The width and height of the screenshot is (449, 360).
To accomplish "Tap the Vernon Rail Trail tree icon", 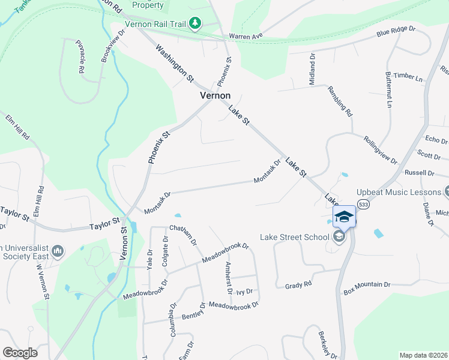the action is pyautogui.click(x=194, y=23).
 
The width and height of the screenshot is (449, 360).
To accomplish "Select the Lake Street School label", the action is pyautogui.click(x=294, y=237).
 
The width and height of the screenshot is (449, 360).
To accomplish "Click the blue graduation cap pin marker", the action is pyautogui.click(x=344, y=217).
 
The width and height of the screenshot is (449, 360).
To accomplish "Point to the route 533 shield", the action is pyautogui.click(x=363, y=205).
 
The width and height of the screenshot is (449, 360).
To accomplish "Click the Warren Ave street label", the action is pyautogui.click(x=246, y=36).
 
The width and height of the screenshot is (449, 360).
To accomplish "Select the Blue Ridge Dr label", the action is pyautogui.click(x=396, y=31).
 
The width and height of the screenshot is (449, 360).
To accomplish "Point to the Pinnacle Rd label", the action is pyautogui.click(x=80, y=56).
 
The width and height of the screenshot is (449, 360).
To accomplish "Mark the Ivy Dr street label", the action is pyautogui.click(x=244, y=292).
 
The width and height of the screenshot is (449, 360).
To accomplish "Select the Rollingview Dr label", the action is pyautogui.click(x=380, y=149).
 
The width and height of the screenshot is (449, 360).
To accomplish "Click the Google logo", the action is pyautogui.click(x=20, y=352).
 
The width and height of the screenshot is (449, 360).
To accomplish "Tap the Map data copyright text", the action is pyautogui.click(x=423, y=355).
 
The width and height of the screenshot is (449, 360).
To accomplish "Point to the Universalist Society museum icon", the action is pyautogui.click(x=58, y=251).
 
